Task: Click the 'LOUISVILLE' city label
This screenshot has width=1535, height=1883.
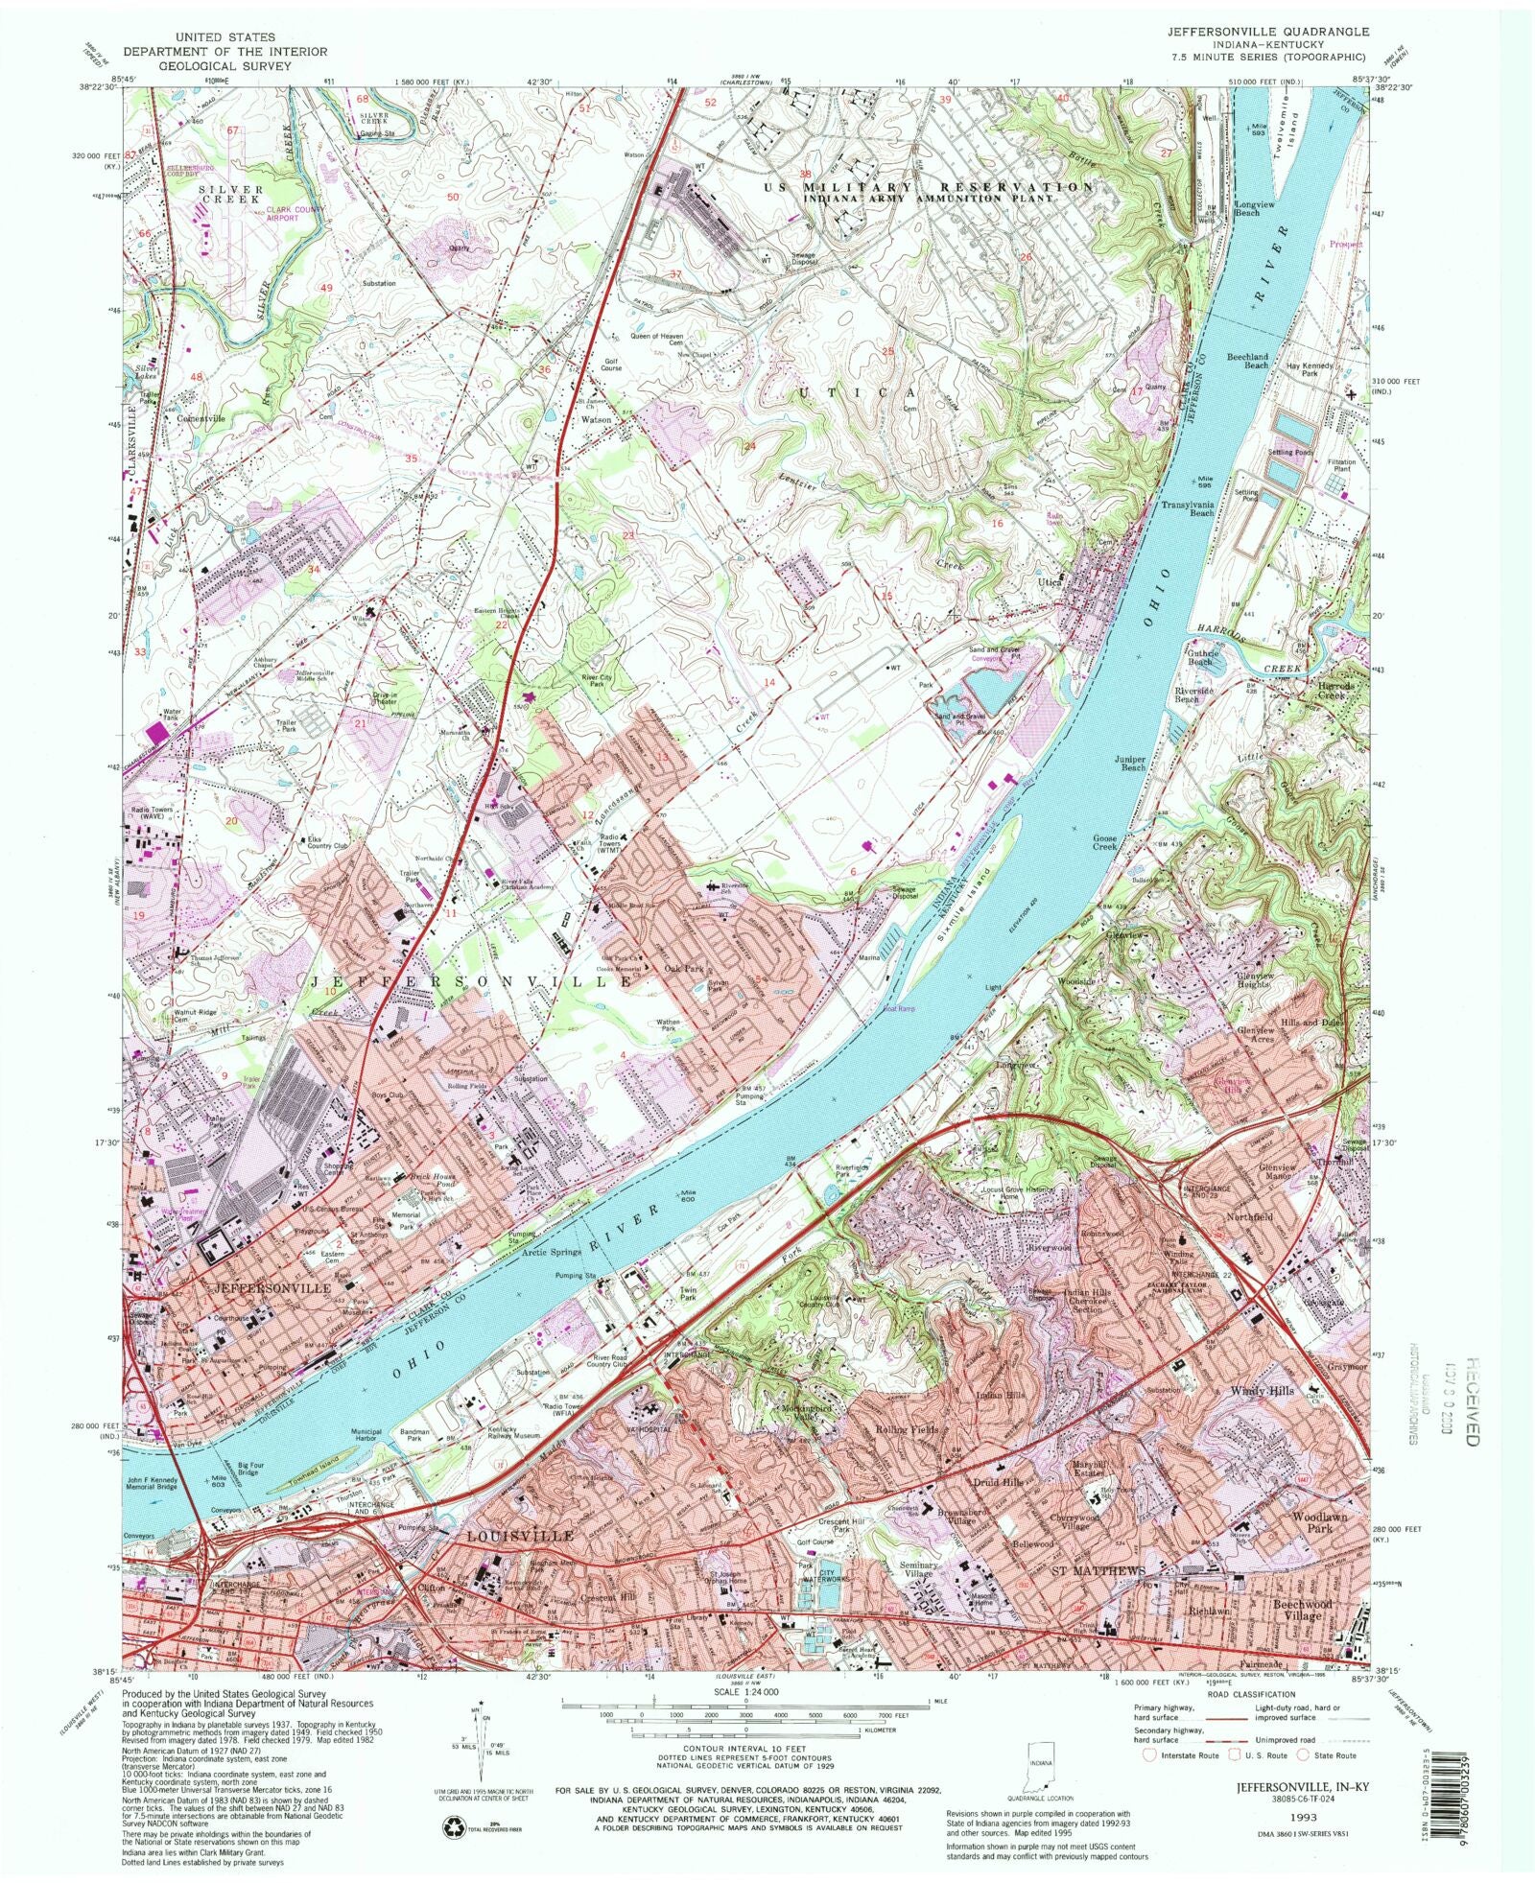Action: pos(519,1536)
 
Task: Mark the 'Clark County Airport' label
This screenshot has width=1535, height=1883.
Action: pos(275,213)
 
